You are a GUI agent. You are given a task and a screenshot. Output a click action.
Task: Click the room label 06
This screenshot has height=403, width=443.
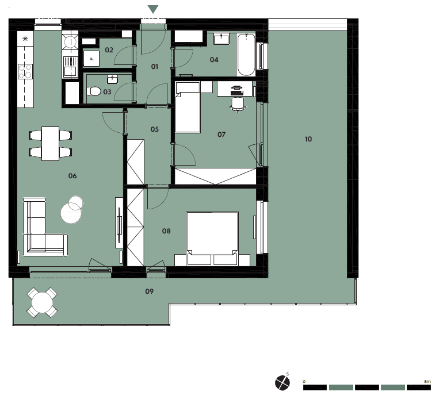pos(72,176)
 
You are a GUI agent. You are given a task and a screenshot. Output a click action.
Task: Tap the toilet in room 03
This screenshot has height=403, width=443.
pos(94,91)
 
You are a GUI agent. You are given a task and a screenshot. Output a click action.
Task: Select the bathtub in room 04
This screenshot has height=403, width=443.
pos(246,55)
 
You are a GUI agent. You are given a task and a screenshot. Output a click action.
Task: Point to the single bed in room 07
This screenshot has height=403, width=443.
pos(188,108)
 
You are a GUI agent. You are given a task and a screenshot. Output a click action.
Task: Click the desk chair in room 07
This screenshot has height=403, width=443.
pos(238,105)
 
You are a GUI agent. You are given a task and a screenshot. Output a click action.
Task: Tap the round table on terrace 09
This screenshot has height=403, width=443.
pos(42,302)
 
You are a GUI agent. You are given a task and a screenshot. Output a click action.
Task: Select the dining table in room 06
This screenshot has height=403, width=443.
pos(50,144)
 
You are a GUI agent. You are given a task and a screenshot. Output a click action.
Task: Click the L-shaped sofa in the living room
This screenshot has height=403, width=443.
pos(45,227)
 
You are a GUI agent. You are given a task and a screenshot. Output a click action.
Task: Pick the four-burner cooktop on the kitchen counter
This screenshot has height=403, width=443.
pos(25,71)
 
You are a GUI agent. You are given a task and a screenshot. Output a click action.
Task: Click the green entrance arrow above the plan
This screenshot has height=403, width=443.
pos(153,9)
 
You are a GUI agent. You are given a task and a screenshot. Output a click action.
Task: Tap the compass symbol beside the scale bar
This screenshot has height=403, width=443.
pos(282,383)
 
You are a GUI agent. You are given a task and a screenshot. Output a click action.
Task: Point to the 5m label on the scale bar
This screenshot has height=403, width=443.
pos(427,382)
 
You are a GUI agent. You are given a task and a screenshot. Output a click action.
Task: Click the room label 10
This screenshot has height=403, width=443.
pos(308,139)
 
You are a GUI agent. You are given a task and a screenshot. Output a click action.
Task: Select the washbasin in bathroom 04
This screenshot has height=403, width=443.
pos(221,39)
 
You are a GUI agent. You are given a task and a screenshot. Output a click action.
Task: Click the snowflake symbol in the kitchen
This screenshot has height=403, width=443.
pos(25,39)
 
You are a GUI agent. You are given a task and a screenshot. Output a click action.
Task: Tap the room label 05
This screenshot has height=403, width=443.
pos(155,129)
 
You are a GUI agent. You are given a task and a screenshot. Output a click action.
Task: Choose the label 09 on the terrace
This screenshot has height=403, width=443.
pos(150,291)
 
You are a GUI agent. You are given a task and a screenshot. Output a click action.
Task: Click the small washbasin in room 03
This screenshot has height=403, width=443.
pos(112,79)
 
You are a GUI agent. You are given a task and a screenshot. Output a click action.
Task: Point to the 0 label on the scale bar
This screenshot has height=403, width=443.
pos(304,382)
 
